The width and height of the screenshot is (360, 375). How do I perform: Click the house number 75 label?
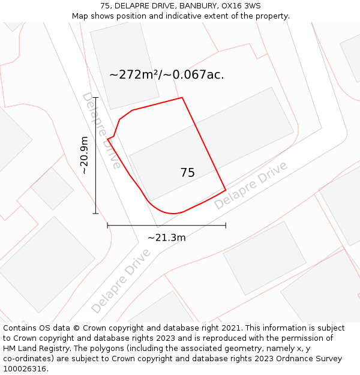187,173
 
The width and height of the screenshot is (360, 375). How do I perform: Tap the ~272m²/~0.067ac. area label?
167,75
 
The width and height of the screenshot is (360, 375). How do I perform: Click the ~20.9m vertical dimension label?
85,155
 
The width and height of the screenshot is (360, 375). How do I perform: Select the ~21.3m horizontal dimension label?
166,238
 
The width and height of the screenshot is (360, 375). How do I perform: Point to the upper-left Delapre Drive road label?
101,130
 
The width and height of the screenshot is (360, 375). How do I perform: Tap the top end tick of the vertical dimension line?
95,97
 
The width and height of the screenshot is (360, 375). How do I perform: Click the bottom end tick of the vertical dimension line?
95,213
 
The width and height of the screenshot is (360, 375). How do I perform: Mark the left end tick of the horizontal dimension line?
107,226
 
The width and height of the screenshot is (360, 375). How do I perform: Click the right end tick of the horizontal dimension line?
226,226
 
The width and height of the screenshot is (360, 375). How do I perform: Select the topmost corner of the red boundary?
182,97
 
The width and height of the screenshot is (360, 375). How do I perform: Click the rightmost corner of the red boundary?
226,191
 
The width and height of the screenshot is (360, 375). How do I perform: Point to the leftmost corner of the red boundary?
107,139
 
